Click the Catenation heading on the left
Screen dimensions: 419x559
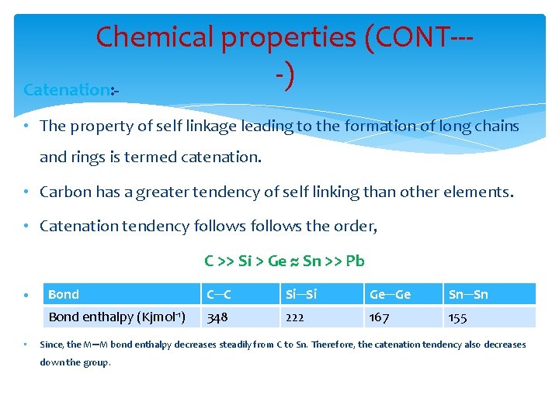[x=67, y=90]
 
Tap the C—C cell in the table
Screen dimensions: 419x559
[x=217, y=294]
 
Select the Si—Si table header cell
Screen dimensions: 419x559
[x=300, y=294]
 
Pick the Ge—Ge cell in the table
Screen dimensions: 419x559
[x=390, y=294]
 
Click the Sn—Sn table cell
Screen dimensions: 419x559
[x=469, y=294]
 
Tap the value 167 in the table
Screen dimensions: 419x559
[x=380, y=317]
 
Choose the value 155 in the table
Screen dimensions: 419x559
[x=458, y=317]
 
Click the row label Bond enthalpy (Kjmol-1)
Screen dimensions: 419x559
[x=116, y=317]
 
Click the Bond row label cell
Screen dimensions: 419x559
[x=64, y=294]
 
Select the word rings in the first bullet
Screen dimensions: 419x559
[x=89, y=157]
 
